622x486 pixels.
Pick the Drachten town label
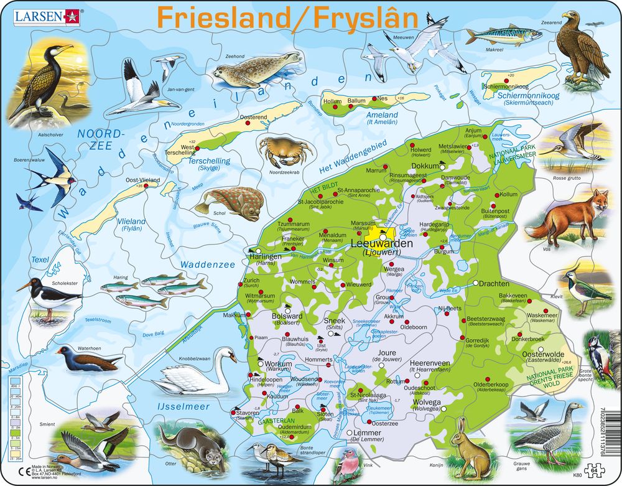click(495, 284)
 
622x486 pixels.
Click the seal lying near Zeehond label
click(254, 71)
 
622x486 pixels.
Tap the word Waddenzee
click(208, 264)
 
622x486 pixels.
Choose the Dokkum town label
click(426, 166)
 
